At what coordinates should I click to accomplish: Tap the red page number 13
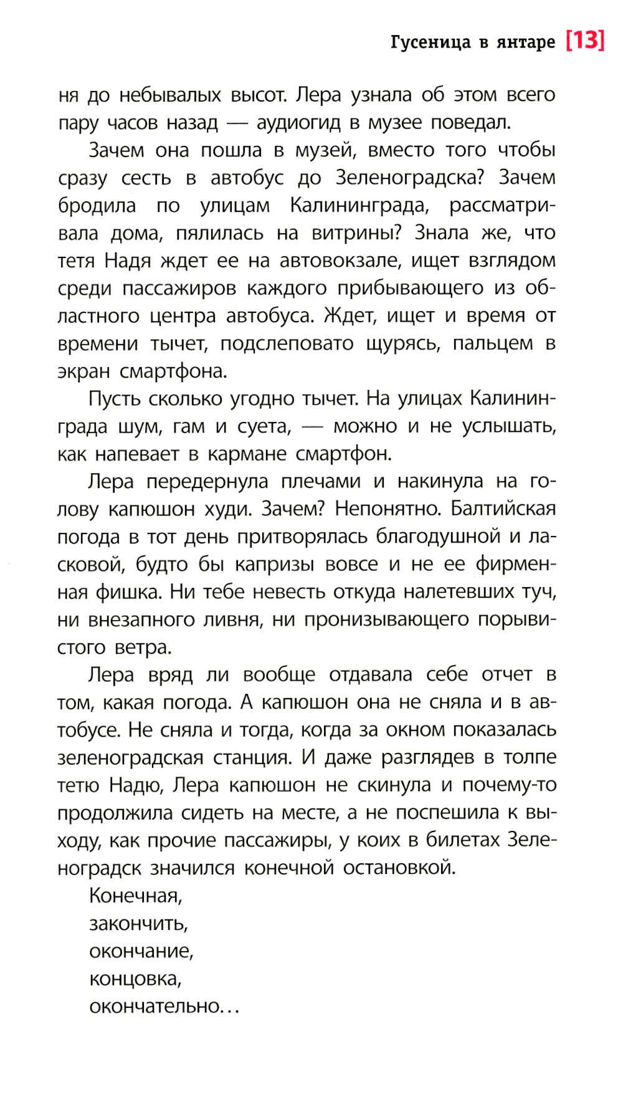pos(585,41)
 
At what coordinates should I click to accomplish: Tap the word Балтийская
pos(503,509)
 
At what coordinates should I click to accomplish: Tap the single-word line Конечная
pos(135,896)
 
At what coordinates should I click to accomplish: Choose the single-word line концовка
pos(135,979)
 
